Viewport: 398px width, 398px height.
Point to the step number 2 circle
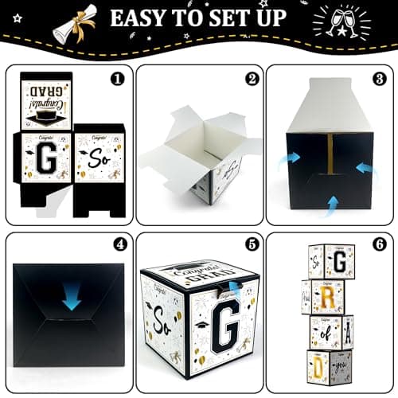point(251,80)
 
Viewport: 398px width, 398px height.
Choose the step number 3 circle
point(379,80)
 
